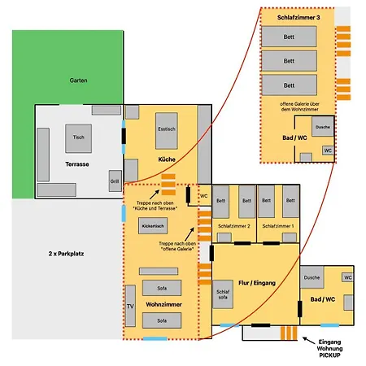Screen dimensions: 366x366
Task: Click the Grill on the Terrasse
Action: pos(115,181)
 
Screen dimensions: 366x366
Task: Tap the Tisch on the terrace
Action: pos(78,138)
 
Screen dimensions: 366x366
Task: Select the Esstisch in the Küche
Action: pos(167,131)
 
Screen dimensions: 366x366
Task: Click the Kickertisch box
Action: pos(153,225)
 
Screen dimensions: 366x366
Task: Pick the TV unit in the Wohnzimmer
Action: pos(130,306)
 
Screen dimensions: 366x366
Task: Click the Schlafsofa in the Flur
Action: pos(223,294)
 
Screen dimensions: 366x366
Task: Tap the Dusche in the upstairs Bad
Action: pos(323,126)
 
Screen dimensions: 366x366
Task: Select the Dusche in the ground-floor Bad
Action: pos(312,277)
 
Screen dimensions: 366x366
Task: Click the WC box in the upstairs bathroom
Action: pos(328,150)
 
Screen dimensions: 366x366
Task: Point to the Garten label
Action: pos(78,81)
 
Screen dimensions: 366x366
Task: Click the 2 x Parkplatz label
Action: pos(66,254)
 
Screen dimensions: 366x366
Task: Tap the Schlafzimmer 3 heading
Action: pos(298,18)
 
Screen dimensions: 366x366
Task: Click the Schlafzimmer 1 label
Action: pos(278,226)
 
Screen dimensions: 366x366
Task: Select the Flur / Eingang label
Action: pos(257,283)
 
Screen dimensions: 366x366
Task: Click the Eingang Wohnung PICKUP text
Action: pos(329,348)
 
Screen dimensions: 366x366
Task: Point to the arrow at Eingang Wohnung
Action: pos(309,340)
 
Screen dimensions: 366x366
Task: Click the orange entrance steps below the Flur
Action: pos(289,333)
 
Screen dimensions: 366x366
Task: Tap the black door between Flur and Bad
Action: pos(300,309)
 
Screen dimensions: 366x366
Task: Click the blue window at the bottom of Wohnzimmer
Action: pos(155,338)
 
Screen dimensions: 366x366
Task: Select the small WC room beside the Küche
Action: pos(204,196)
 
